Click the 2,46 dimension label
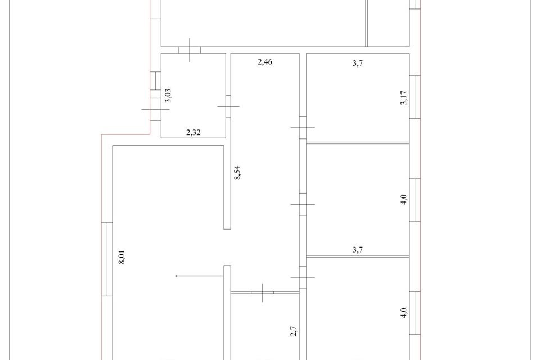click(x=265, y=62)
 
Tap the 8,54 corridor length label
click(x=238, y=173)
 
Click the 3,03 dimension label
click(x=167, y=95)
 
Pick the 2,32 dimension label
click(x=194, y=133)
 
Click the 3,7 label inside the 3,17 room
click(x=357, y=64)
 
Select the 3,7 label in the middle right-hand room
click(x=357, y=251)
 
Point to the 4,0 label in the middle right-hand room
click(x=404, y=200)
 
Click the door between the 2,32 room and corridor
click(x=228, y=106)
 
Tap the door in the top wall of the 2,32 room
click(x=190, y=50)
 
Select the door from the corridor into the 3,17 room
click(x=303, y=128)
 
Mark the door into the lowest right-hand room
click(x=303, y=277)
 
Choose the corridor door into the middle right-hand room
click(x=303, y=204)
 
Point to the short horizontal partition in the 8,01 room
click(x=200, y=276)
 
